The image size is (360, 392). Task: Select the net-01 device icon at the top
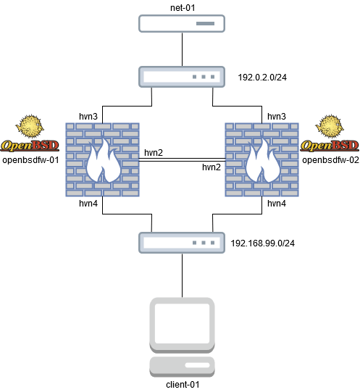[x=180, y=25]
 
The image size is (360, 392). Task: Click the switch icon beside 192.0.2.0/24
[x=180, y=76]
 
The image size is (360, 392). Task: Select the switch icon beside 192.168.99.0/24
[x=180, y=241]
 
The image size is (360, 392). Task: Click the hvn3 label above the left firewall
[x=88, y=115]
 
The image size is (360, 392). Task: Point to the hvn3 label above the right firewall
[x=277, y=115]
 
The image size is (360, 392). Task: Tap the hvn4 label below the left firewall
[x=88, y=204]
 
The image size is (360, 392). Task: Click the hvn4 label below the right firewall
[x=277, y=204]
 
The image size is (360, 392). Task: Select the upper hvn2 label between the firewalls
[x=153, y=153]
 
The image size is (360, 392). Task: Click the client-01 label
[x=180, y=385]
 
